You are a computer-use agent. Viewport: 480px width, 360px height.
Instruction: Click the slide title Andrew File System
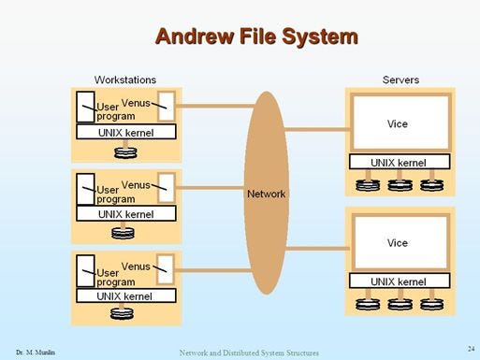(255, 36)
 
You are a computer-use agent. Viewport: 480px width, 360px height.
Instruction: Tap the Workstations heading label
(124, 79)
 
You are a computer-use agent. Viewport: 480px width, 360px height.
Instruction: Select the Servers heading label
(400, 79)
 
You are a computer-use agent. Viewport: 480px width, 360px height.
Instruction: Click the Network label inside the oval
(266, 194)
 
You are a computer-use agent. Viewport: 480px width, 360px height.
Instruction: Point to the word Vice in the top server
(398, 123)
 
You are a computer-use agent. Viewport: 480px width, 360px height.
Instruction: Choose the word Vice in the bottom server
(398, 243)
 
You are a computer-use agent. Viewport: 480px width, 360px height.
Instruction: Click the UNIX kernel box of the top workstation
(125, 132)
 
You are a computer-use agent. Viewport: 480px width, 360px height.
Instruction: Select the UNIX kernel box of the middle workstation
(125, 214)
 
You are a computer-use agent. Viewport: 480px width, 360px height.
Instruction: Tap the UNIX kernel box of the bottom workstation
(125, 295)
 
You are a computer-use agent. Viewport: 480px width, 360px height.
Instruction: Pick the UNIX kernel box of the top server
(400, 162)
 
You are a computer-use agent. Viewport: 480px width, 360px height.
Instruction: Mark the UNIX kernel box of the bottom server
(400, 281)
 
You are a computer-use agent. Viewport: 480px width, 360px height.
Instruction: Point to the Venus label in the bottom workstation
(136, 266)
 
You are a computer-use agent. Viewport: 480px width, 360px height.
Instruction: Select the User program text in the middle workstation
(115, 194)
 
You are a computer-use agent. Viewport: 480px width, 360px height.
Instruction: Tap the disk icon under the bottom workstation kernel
(124, 313)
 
